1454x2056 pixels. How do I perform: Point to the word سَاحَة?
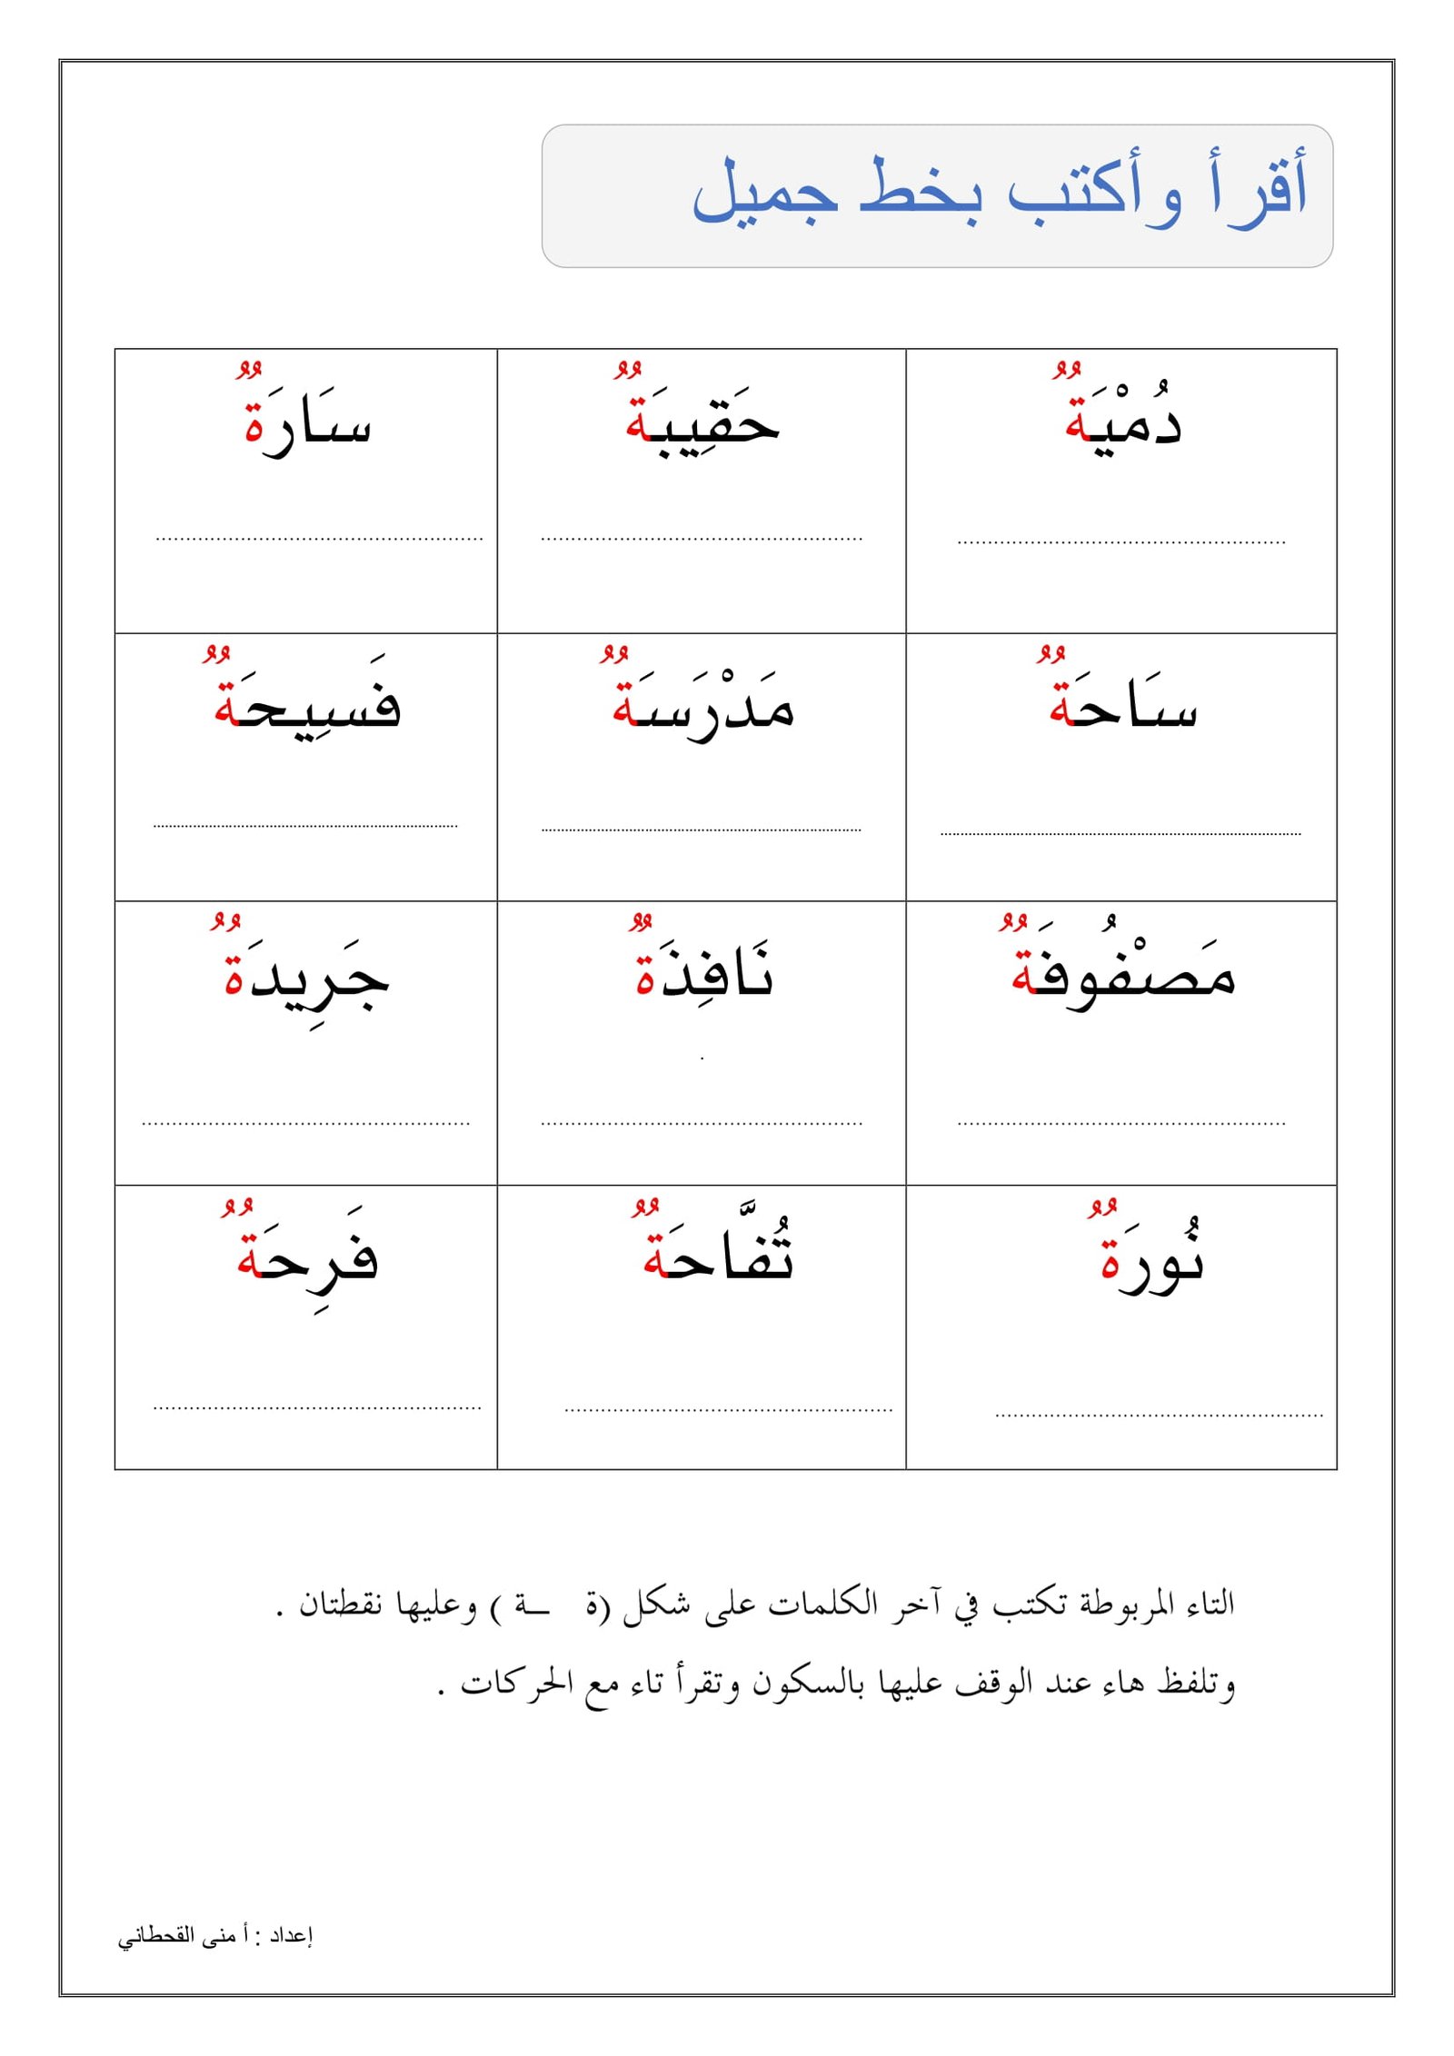point(1123,707)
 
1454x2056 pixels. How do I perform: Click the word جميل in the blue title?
point(764,191)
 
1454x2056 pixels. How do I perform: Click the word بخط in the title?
point(920,191)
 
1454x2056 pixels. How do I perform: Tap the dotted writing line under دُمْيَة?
point(1121,542)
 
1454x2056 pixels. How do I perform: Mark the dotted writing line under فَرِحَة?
point(316,1408)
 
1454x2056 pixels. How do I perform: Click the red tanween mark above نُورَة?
point(1102,1207)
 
